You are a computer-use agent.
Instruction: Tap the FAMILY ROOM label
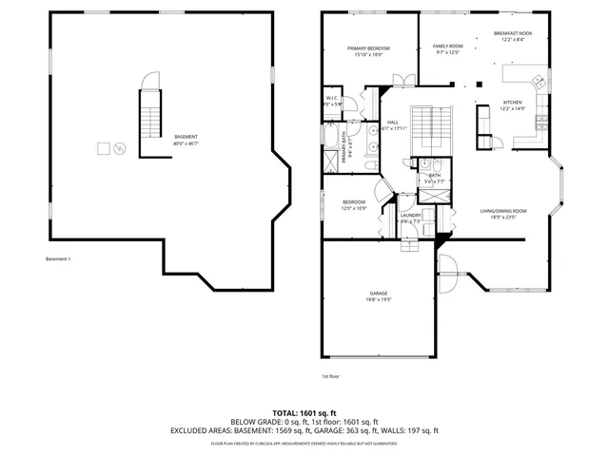pyautogui.click(x=447, y=46)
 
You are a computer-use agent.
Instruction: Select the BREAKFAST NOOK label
pyautogui.click(x=513, y=33)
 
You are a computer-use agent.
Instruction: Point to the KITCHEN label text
pyautogui.click(x=512, y=103)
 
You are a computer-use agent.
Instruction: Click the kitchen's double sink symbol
pyautogui.click(x=538, y=80)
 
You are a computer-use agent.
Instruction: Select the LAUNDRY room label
pyautogui.click(x=410, y=215)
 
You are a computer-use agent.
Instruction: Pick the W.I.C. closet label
pyautogui.click(x=332, y=98)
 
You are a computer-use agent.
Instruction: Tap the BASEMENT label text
pyautogui.click(x=186, y=137)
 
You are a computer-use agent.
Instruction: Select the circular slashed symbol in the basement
pyautogui.click(x=119, y=148)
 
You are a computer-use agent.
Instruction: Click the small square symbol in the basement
pyautogui.click(x=102, y=148)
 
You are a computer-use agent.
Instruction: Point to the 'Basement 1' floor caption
pyautogui.click(x=58, y=259)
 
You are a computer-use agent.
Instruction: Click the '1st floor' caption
pyautogui.click(x=330, y=377)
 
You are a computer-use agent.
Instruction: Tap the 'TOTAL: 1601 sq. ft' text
pyautogui.click(x=304, y=412)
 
